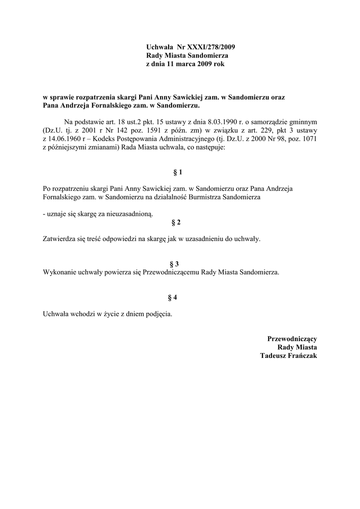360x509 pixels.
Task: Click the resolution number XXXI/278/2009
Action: click(207, 47)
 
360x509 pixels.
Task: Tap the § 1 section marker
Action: click(178, 172)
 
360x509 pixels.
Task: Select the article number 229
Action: click(260, 129)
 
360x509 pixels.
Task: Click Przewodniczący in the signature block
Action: click(292, 339)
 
